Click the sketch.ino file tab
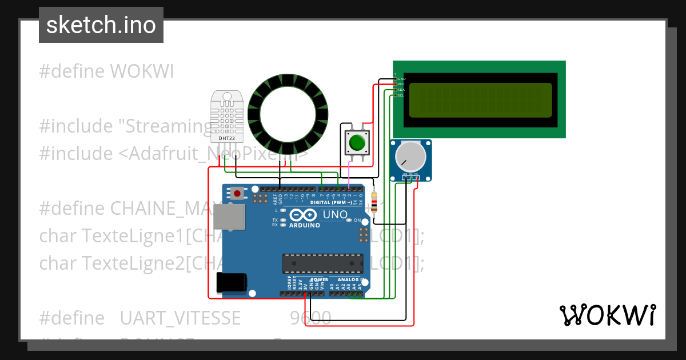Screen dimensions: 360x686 click(x=101, y=25)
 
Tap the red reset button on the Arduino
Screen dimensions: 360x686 click(x=237, y=194)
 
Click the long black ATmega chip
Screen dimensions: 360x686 click(x=322, y=263)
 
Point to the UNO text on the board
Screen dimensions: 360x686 click(x=335, y=215)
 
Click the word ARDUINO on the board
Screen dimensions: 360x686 click(x=304, y=225)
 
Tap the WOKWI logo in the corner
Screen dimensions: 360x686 click(x=607, y=315)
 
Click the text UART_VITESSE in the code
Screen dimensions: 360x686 click(x=180, y=318)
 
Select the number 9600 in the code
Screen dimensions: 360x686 click(x=310, y=318)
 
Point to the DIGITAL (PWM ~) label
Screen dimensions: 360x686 click(x=331, y=202)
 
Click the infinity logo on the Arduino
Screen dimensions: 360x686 click(x=303, y=215)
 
